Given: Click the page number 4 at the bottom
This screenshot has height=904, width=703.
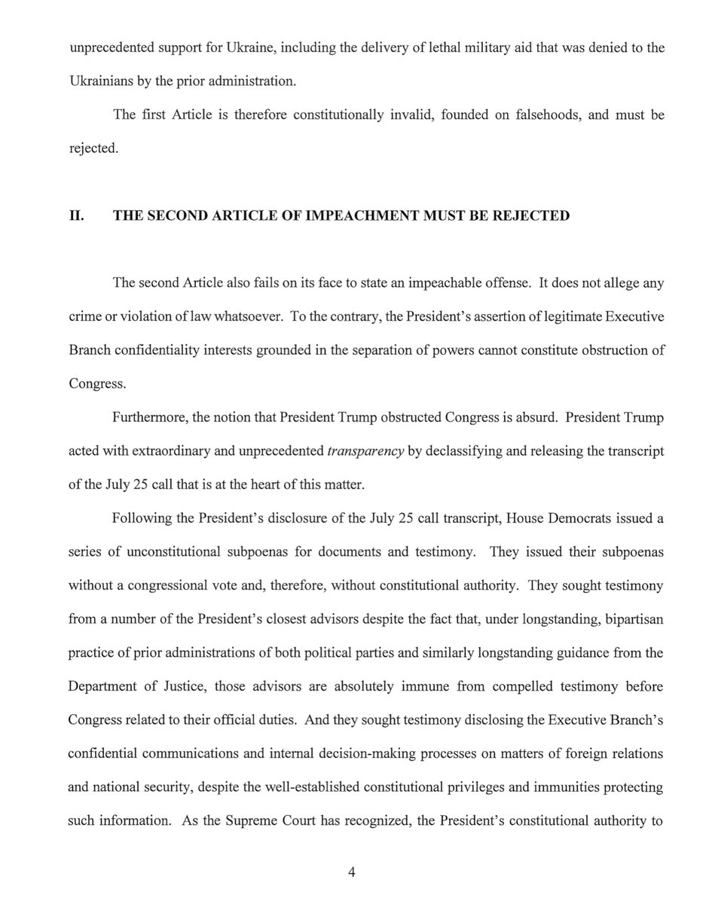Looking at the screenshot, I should tap(351, 873).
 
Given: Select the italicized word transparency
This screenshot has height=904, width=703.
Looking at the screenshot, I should tap(367, 451).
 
